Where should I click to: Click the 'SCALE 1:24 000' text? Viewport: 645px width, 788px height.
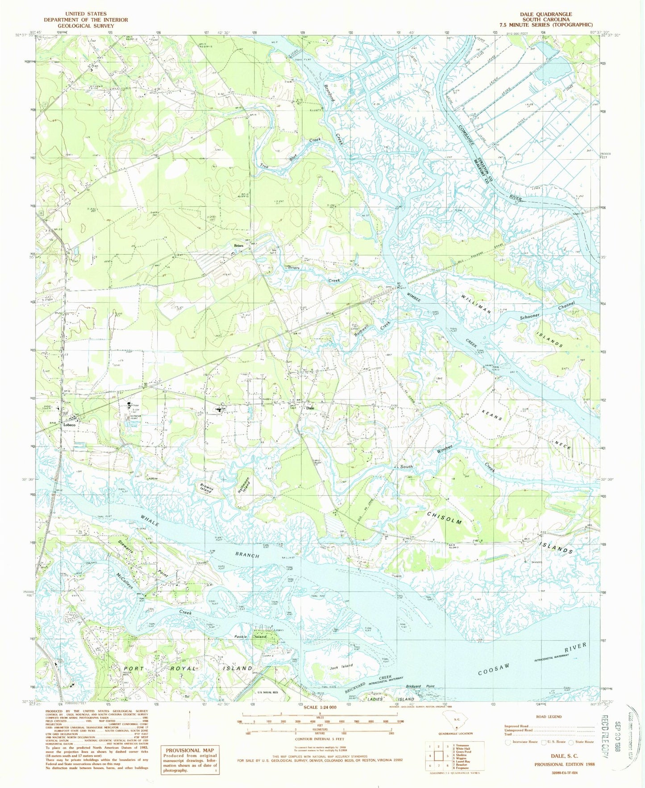point(320,708)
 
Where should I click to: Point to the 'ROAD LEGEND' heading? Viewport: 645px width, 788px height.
point(549,717)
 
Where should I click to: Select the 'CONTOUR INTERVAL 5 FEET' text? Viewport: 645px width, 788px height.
point(320,739)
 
